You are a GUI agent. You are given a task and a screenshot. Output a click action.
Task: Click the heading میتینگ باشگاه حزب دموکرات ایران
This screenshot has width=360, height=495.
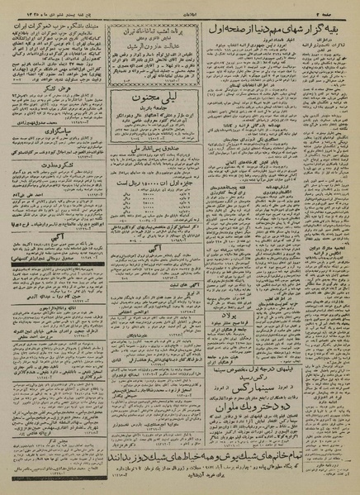click(x=62, y=26)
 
